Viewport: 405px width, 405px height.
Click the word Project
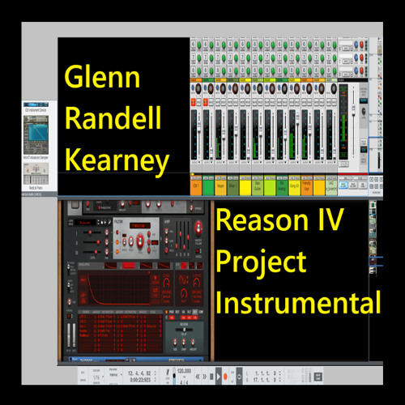(262, 262)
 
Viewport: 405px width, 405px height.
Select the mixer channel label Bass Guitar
(258, 187)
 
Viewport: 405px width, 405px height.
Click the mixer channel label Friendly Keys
(306, 187)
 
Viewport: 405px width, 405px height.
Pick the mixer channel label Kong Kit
(293, 187)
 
